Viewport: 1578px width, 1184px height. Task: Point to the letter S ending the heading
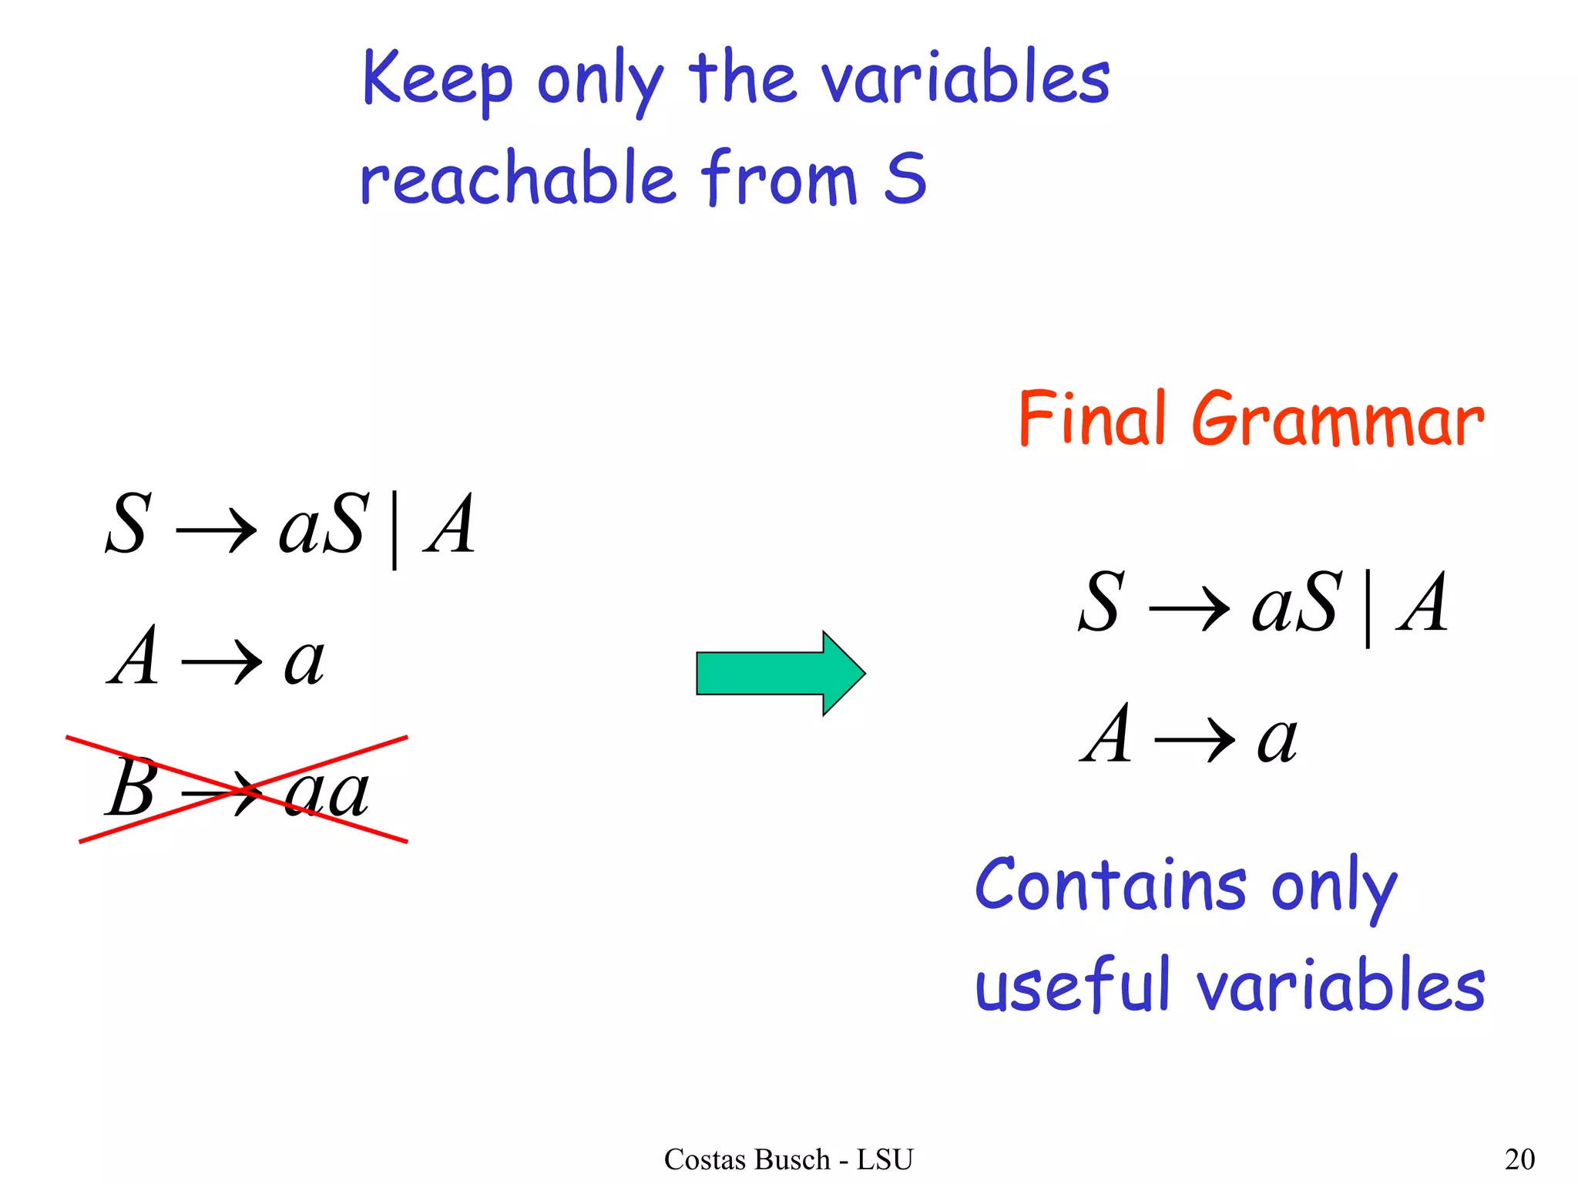coord(905,179)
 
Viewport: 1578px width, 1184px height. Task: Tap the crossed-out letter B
coord(132,788)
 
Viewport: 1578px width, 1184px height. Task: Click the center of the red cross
coord(245,789)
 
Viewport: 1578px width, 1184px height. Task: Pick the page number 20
coord(1519,1159)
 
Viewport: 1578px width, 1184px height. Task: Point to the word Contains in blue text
coord(1110,885)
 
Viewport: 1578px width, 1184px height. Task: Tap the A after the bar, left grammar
coord(450,525)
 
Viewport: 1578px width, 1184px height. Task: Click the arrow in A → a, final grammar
coord(1194,739)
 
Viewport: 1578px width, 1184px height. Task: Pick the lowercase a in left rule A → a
coord(304,662)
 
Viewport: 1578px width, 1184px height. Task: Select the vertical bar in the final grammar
coord(1368,608)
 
